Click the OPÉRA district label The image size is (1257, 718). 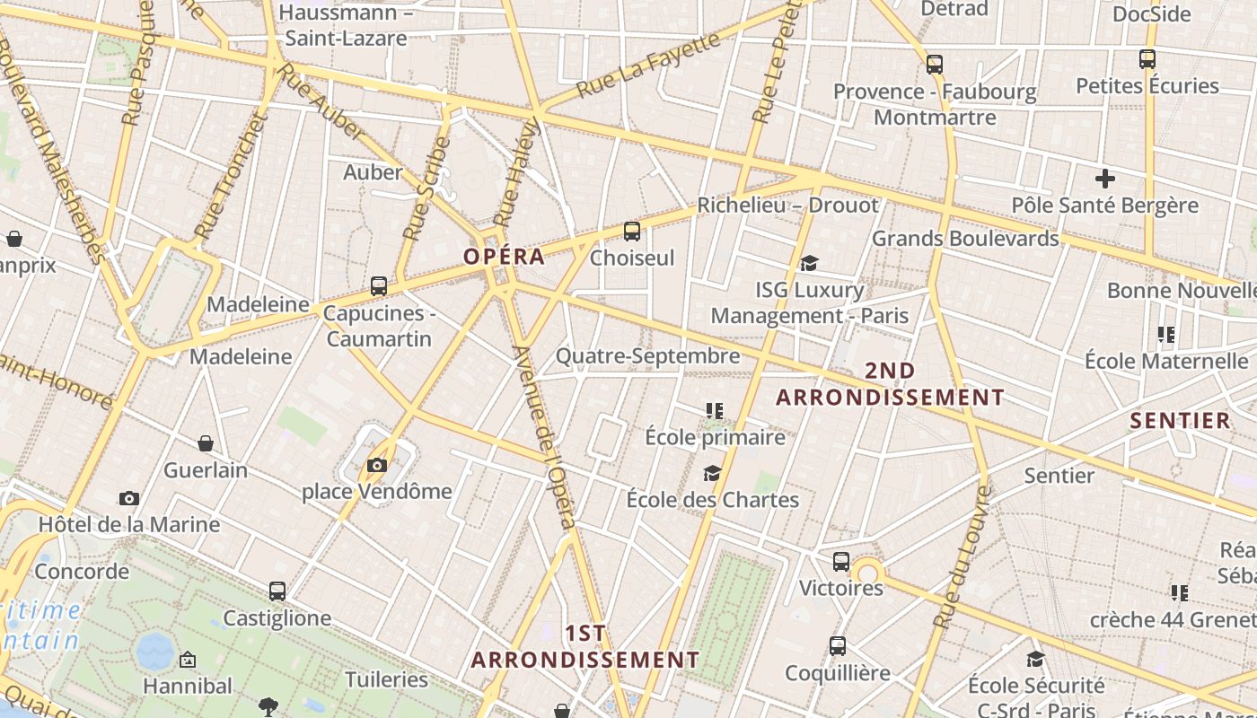504,256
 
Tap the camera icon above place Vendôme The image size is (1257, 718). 377,465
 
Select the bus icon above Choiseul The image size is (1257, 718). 632,232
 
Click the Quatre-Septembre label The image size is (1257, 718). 647,355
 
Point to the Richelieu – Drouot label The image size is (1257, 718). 787,205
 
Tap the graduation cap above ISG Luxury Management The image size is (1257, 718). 810,263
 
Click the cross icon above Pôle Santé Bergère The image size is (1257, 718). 1105,178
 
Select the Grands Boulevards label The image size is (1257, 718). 965,238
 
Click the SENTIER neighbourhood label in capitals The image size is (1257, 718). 1180,420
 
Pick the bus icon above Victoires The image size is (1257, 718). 841,562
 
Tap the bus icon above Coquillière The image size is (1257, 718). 838,646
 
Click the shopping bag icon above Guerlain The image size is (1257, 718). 206,443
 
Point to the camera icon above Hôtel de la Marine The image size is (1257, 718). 129,498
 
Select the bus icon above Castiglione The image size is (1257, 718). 277,591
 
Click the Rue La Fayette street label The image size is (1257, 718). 648,64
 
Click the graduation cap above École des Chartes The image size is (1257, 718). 713,473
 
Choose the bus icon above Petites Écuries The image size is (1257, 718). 1147,59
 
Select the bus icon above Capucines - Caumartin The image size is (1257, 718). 379,286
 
